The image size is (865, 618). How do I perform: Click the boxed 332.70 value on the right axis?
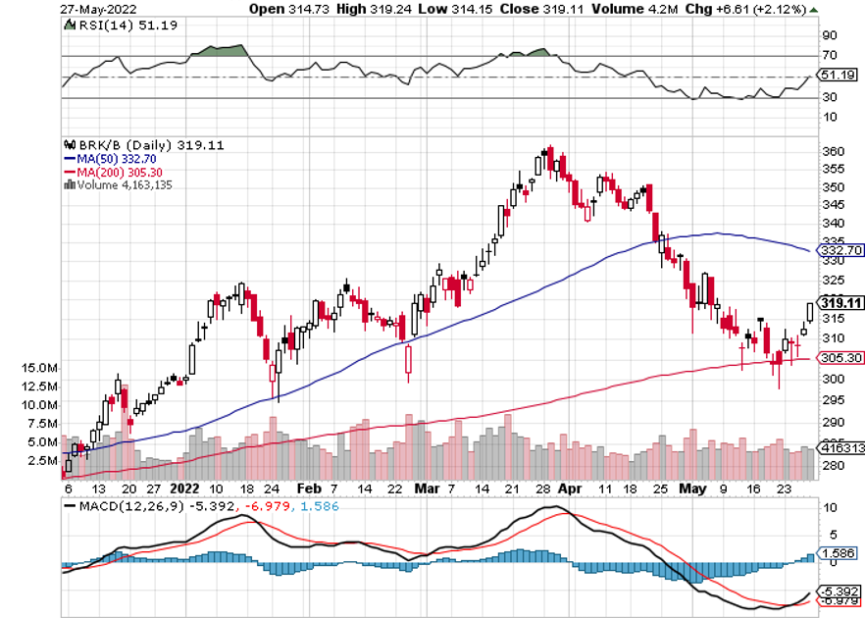841,250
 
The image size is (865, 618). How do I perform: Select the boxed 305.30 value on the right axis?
841,359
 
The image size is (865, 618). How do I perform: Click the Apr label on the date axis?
568,488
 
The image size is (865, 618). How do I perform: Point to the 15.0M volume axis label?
37,367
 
